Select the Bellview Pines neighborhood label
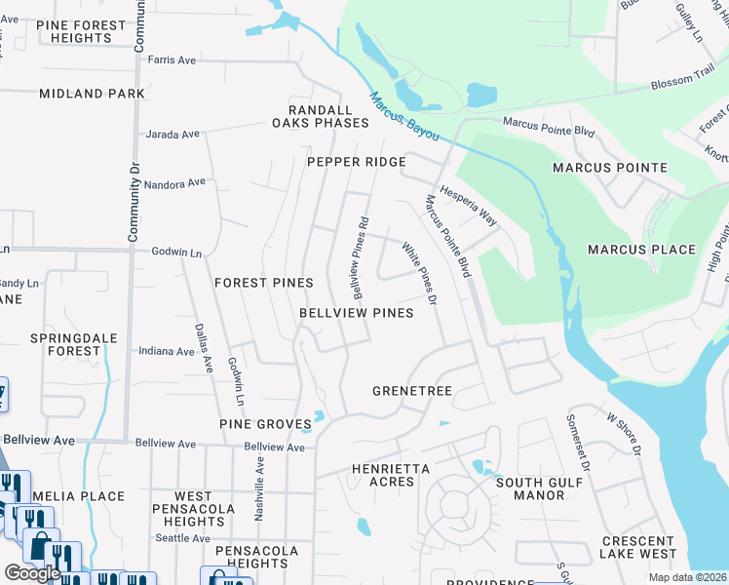(x=356, y=313)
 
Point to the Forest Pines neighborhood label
(x=264, y=283)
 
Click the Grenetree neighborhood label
(x=412, y=391)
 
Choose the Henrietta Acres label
(x=390, y=475)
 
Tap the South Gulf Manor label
(x=530, y=488)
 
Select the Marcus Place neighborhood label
(x=641, y=250)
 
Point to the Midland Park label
(x=92, y=94)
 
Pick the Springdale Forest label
(x=65, y=343)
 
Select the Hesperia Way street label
(x=468, y=207)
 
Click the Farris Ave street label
(x=172, y=60)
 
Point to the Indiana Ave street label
(x=167, y=351)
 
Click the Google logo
(x=33, y=573)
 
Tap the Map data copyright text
(x=687, y=577)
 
